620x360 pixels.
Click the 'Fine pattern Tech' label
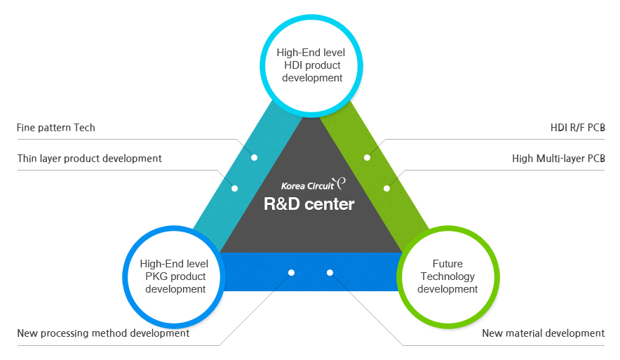pos(56,128)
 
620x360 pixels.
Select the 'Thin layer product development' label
pos(90,159)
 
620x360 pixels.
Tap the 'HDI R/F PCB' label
pos(577,128)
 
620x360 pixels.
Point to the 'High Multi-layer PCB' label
pos(558,159)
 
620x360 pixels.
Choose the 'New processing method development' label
pos(103,333)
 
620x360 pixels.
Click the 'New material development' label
pos(543,333)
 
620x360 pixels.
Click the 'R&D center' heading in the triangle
pos(309,205)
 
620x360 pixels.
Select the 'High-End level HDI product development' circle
pos(312,65)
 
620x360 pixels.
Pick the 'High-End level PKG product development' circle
pos(174,276)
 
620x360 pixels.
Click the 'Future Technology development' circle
pos(447,276)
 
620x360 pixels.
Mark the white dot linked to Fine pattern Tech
pos(255,157)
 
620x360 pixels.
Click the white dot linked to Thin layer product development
pos(235,188)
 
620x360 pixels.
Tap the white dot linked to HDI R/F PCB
pos(367,157)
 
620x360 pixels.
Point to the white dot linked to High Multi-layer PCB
pos(386,188)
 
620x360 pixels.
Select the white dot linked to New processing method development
pos(292,272)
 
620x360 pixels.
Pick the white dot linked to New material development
pos(330,272)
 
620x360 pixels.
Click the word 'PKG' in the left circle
pos(156,276)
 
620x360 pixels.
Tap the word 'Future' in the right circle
pos(447,264)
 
